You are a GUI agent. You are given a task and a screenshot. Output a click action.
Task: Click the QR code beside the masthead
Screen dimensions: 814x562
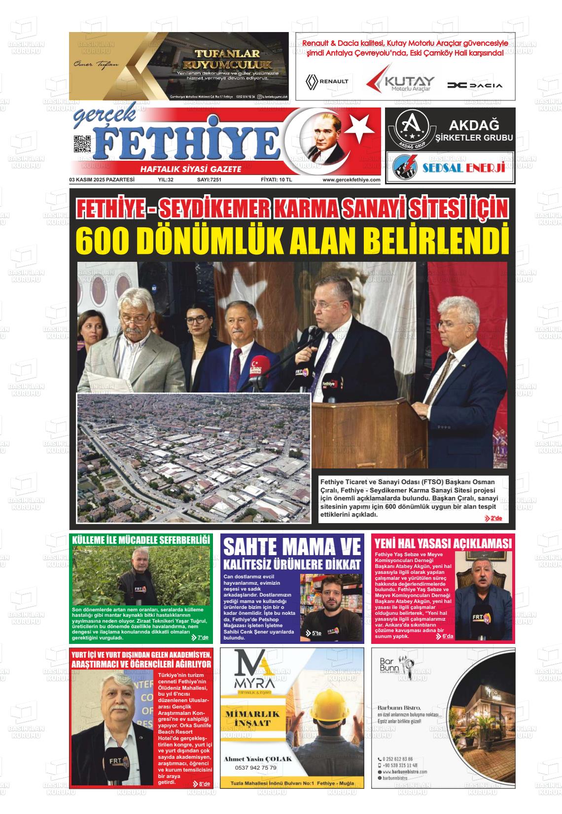click(x=82, y=144)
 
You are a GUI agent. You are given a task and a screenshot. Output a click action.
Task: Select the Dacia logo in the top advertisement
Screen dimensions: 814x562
click(x=475, y=85)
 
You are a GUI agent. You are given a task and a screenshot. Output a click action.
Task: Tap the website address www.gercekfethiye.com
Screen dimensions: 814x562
click(x=351, y=180)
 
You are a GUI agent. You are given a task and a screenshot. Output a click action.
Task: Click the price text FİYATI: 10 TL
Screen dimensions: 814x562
click(x=276, y=180)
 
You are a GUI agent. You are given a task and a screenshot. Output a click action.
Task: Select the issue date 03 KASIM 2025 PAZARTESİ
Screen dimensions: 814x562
click(x=102, y=180)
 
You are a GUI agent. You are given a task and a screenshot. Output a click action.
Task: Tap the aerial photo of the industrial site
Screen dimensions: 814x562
click(x=194, y=457)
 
